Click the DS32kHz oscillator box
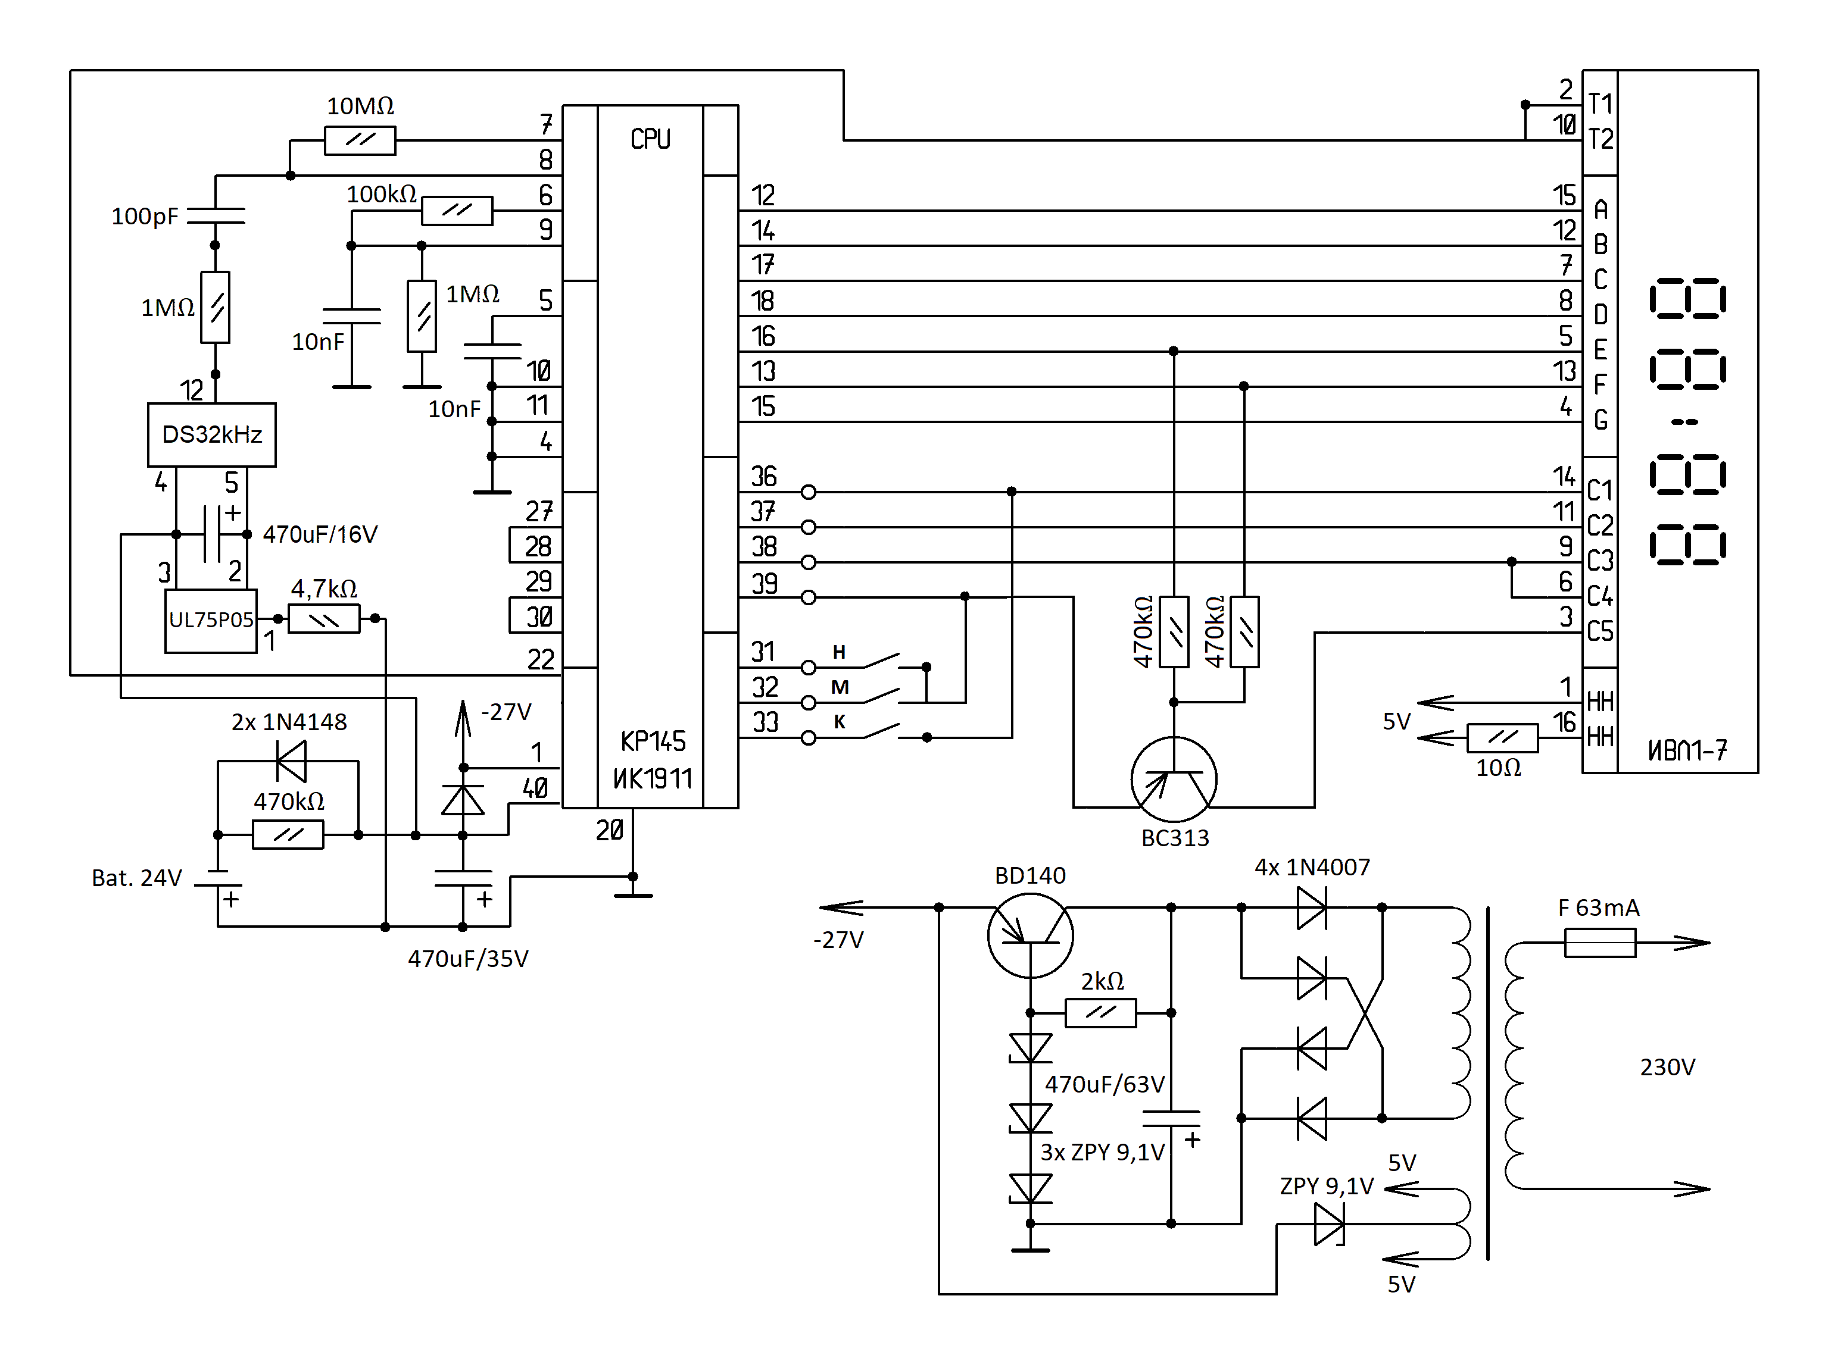(x=211, y=434)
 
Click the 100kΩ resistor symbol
(x=457, y=210)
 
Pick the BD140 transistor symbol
(x=1029, y=935)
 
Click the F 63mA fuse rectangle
(x=1599, y=943)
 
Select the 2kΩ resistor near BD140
(x=1100, y=1013)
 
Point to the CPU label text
(x=650, y=139)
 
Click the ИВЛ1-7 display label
(x=1687, y=750)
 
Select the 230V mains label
(x=1667, y=1067)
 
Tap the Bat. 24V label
(x=136, y=878)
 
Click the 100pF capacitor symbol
(x=216, y=215)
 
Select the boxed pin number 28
(x=536, y=546)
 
